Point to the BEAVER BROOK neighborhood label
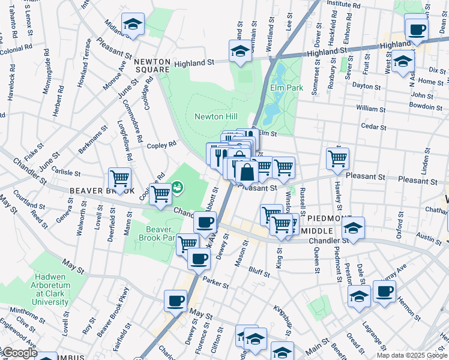[101, 191]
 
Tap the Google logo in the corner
[19, 353]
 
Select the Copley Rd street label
[161, 145]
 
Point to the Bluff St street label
[259, 272]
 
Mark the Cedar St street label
[373, 127]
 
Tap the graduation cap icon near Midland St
[133, 23]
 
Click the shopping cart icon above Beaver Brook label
[120, 178]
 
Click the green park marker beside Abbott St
[178, 188]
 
